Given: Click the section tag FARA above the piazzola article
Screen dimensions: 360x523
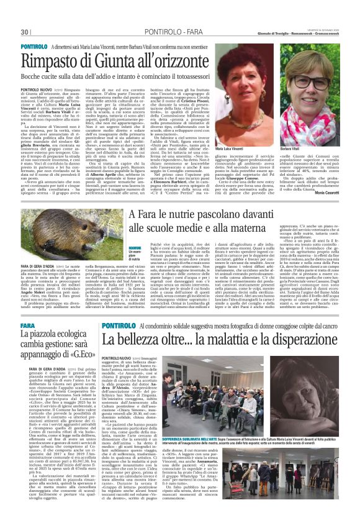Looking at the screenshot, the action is pyautogui.click(x=27, y=325).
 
